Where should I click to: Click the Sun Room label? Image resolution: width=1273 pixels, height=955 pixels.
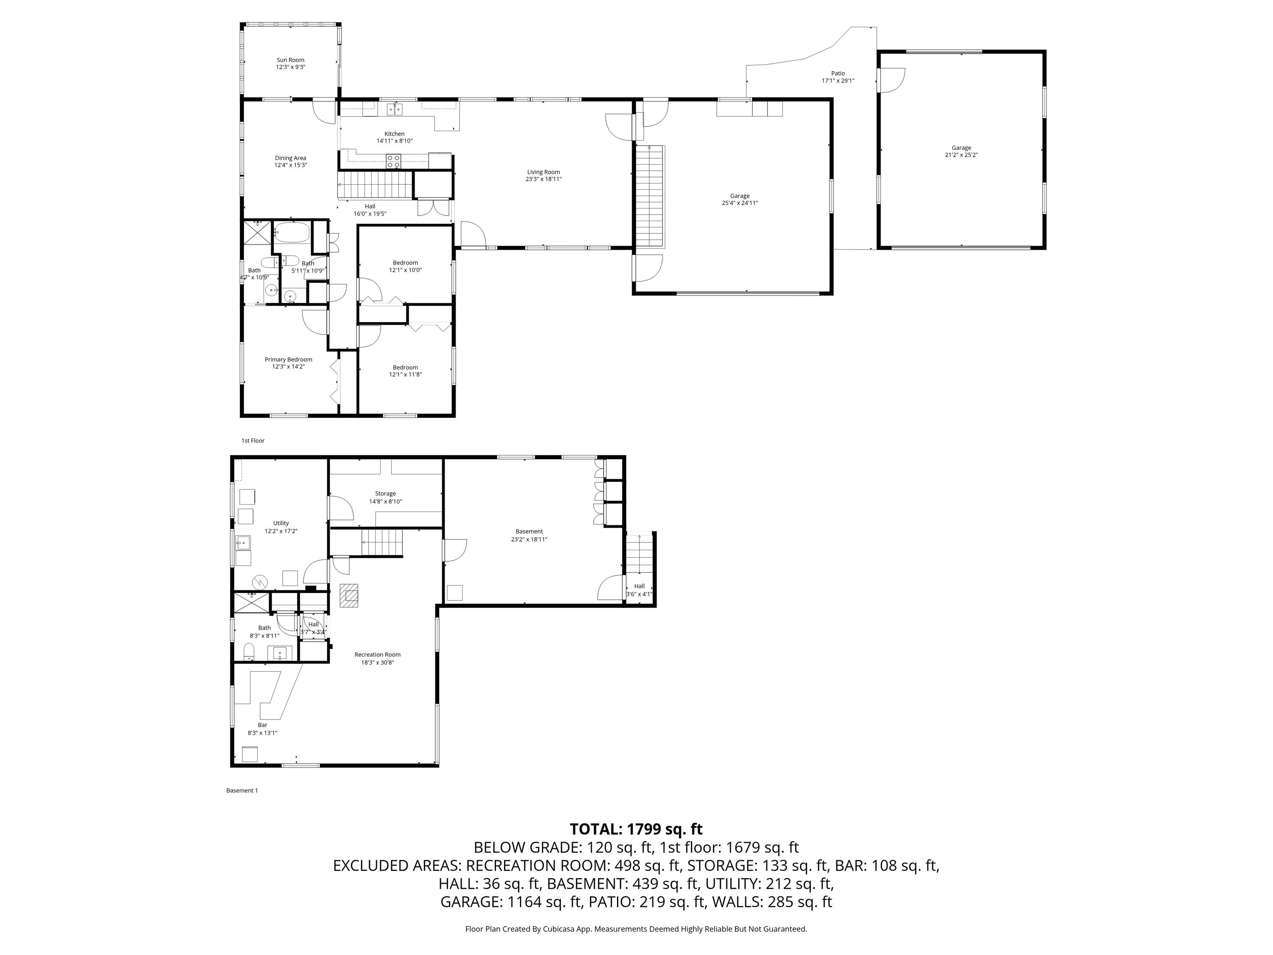(x=291, y=60)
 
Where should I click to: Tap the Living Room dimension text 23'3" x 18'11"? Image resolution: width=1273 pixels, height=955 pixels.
(x=543, y=179)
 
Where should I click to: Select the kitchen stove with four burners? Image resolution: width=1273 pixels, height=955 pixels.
(x=394, y=161)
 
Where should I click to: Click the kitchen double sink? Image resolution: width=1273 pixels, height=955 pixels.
(x=395, y=108)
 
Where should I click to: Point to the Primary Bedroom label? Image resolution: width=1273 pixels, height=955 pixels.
(x=288, y=359)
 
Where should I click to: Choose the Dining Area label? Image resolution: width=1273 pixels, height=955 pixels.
(x=291, y=158)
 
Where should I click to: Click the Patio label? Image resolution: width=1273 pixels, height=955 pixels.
(x=838, y=73)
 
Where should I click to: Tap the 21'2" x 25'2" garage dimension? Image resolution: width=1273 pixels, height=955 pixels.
(x=961, y=155)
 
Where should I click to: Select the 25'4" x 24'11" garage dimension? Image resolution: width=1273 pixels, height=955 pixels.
(x=740, y=202)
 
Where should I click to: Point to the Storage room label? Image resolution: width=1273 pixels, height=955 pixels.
(x=386, y=493)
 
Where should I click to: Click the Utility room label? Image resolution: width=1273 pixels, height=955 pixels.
(x=281, y=523)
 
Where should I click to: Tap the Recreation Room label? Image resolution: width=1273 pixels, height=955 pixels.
(x=378, y=654)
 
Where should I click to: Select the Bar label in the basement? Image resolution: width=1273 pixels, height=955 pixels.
(x=262, y=725)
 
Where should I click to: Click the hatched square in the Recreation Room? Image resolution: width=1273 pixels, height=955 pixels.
(x=349, y=596)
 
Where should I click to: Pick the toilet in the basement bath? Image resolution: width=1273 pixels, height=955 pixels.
(x=249, y=652)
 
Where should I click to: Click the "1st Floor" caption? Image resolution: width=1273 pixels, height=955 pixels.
(x=252, y=441)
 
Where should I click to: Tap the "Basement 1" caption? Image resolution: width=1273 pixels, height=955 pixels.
(x=242, y=790)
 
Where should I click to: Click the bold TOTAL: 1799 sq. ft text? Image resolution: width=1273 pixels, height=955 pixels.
(x=636, y=829)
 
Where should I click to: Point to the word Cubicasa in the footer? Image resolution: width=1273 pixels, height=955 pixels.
(x=566, y=929)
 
